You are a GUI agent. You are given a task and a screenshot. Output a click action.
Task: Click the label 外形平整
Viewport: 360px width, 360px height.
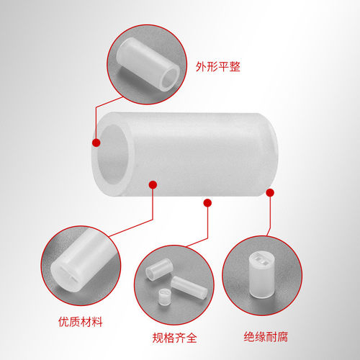point(217,67)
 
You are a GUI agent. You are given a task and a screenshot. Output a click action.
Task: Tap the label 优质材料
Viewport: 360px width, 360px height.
point(81,322)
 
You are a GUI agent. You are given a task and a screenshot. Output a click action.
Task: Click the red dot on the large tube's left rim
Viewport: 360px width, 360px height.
point(96,143)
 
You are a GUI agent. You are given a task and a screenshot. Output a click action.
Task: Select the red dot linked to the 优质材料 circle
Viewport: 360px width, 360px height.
point(153,184)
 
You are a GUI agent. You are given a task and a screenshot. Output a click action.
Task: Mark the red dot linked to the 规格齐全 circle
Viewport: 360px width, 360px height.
point(207,204)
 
